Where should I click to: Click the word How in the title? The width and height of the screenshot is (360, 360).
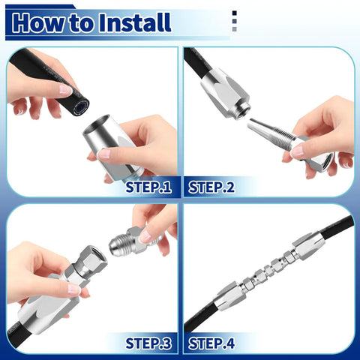click(x=38, y=23)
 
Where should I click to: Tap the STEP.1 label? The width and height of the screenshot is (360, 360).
click(x=148, y=187)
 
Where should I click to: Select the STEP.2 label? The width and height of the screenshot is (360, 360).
click(x=211, y=187)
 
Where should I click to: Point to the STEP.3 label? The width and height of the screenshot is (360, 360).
click(x=148, y=343)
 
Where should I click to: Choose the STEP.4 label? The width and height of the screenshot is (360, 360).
click(x=211, y=343)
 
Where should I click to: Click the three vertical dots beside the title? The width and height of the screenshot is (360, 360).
click(x=235, y=22)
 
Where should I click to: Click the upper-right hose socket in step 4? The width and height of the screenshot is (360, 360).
click(x=308, y=244)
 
